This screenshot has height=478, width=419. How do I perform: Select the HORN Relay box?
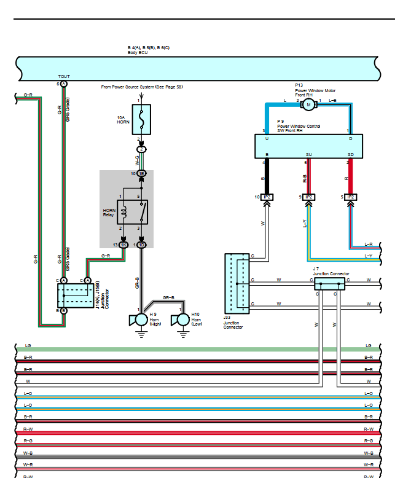(132, 211)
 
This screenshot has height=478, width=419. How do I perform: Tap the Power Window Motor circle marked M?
(308, 105)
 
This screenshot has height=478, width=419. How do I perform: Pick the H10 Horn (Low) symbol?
(182, 320)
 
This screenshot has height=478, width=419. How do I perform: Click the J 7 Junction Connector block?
(330, 284)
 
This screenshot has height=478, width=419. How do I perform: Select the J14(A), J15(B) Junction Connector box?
(74, 296)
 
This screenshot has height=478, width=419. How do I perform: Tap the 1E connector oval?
(141, 174)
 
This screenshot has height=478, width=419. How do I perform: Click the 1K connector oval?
(123, 245)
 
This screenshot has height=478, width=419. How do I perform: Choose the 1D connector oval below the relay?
(141, 245)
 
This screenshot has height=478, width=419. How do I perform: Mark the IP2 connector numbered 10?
(267, 197)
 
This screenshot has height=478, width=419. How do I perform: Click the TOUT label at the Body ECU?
(64, 77)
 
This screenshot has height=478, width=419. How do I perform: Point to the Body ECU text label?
(137, 52)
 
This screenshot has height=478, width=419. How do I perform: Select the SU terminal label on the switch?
(309, 155)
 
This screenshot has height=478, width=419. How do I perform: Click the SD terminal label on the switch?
(350, 155)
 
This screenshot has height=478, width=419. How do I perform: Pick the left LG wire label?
(28, 346)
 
